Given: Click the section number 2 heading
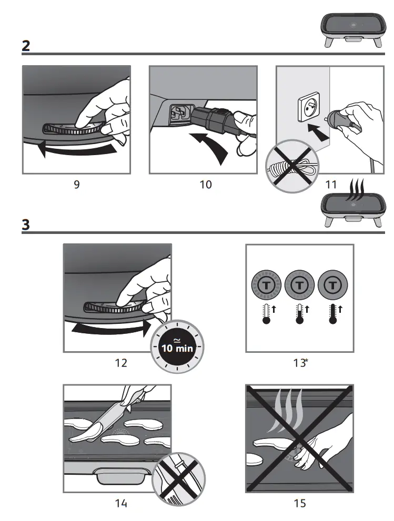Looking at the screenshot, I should click(26, 46).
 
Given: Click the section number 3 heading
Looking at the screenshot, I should click(26, 224).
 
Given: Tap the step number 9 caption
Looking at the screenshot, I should click(77, 185).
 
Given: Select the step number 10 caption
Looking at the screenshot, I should click(206, 185).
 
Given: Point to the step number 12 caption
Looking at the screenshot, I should click(121, 363).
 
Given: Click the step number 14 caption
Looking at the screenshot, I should click(121, 504).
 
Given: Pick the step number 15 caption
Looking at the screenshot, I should click(299, 504).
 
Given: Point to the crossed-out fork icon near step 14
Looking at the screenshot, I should click(179, 478).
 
